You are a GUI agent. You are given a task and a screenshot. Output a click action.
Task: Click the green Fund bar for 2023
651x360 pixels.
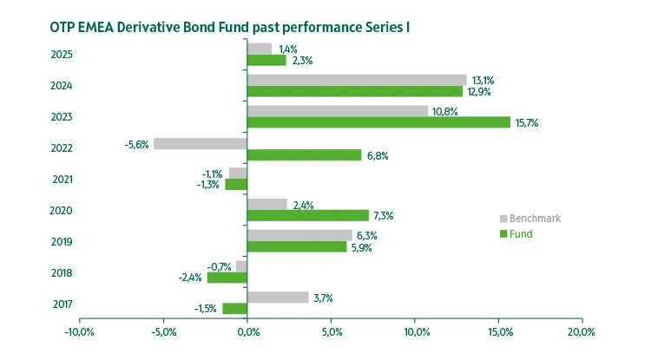tap(378, 122)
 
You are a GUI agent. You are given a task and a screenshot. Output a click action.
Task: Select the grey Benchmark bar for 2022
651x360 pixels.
tap(201, 143)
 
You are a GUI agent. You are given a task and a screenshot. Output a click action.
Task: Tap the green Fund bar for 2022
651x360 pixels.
tap(304, 154)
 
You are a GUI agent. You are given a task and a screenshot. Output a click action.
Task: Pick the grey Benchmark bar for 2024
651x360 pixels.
tap(357, 80)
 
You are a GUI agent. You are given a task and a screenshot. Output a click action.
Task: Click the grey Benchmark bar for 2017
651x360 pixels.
tap(278, 298)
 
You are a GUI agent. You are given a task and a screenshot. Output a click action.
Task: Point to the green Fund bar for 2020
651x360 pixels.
tap(308, 215)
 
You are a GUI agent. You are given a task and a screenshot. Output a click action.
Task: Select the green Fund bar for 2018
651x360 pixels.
tap(227, 278)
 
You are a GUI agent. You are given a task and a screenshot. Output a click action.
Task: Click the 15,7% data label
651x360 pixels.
tap(527, 123)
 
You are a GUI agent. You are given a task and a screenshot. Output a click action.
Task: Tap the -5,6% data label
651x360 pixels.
tap(137, 143)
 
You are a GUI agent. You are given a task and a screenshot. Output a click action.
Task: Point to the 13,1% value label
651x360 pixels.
tap(483, 80)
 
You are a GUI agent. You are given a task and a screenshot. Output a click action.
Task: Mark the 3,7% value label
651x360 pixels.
tap(323, 298)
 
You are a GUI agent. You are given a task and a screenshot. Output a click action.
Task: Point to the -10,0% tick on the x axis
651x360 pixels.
tap(80, 332)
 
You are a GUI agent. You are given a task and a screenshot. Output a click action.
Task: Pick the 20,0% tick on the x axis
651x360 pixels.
tap(581, 332)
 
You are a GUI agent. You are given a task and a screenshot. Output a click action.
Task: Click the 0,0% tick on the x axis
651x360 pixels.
tap(247, 332)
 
